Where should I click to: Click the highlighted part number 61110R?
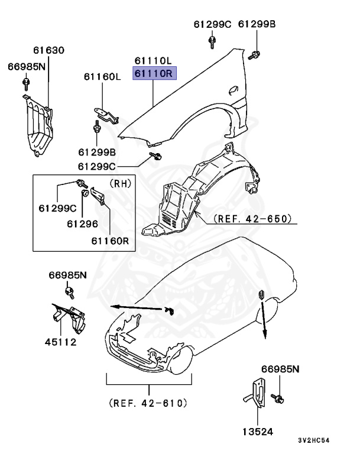pos(153,74)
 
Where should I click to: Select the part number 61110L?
pos(153,61)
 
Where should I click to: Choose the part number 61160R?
pos(110,241)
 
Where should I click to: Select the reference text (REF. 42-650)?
pos(253,219)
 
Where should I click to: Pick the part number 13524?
pos(258,432)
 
